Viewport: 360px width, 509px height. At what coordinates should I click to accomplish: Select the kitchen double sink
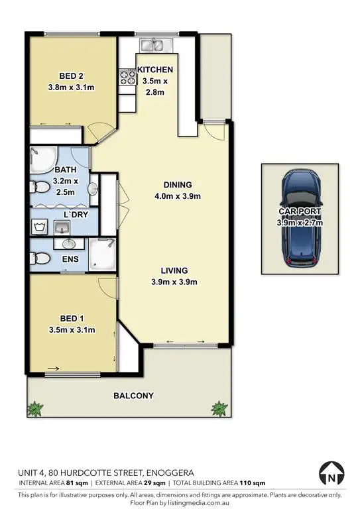point(157,45)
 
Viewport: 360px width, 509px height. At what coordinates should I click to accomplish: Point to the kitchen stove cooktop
point(125,78)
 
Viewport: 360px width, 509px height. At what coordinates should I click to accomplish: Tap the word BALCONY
point(133,396)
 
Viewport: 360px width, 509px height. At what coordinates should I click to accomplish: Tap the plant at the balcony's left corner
point(37,407)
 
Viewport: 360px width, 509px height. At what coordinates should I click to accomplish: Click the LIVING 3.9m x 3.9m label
point(174,276)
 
